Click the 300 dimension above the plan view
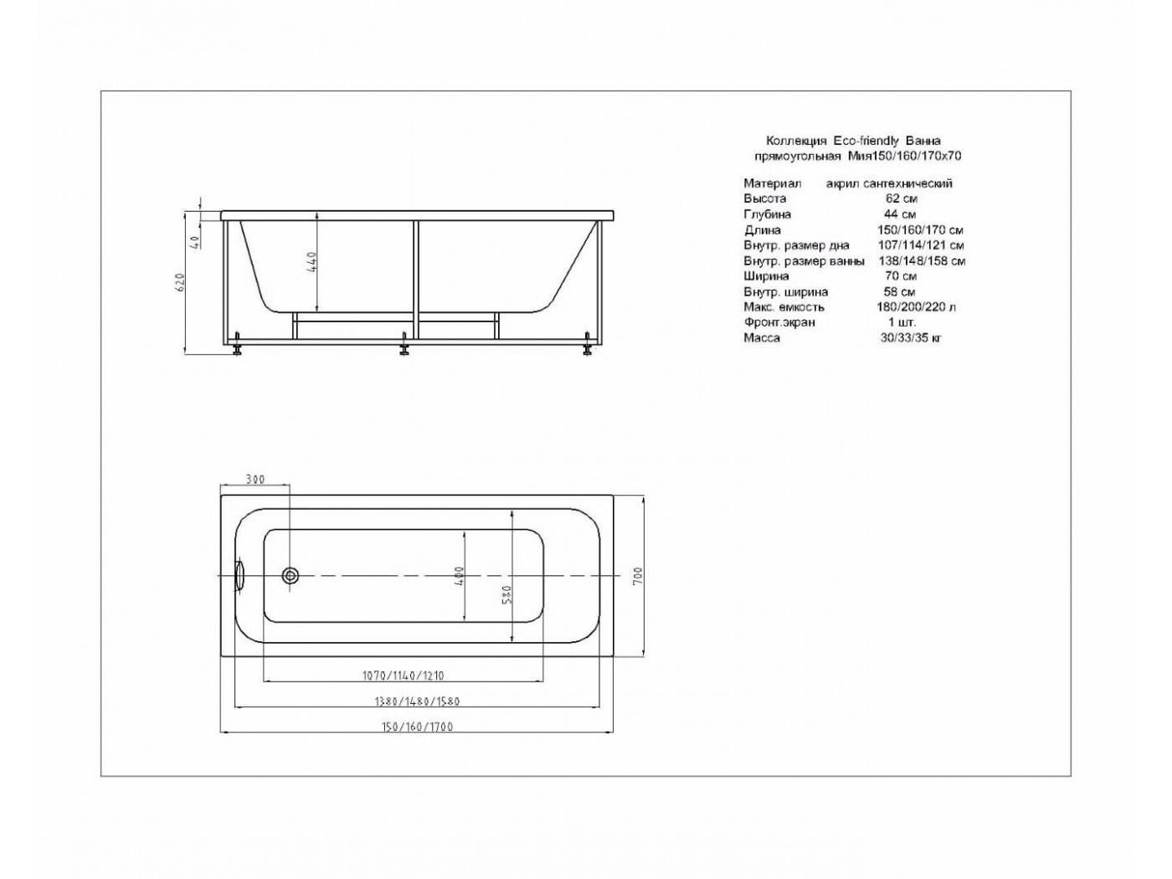[x=254, y=480]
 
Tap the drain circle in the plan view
[x=290, y=575]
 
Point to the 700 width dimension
[x=640, y=576]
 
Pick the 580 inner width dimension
[x=508, y=594]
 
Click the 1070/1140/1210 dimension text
[x=404, y=676]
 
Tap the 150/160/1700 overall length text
[x=417, y=727]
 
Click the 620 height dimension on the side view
[x=181, y=282]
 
